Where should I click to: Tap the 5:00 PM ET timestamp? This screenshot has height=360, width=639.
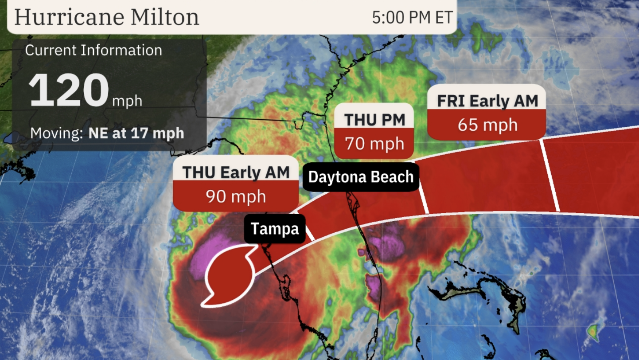tap(412, 17)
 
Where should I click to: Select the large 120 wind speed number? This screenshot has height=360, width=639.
tap(69, 91)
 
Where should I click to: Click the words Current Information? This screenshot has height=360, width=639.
tap(94, 50)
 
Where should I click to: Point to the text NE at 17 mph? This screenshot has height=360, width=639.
tap(136, 133)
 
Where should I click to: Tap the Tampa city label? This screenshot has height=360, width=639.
tap(275, 229)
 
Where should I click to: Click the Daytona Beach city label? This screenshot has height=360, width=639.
tap(361, 177)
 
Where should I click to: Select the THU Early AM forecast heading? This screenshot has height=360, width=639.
tap(236, 172)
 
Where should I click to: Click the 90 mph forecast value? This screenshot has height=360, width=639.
tap(236, 196)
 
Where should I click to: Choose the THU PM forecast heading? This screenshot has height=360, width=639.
tap(374, 119)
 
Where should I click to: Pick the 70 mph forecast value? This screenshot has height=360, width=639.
tap(374, 144)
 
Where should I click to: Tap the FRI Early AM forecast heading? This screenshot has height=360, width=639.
tap(487, 101)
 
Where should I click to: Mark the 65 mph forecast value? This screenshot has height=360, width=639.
tap(487, 125)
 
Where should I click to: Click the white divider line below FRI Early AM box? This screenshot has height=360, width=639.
tap(549, 175)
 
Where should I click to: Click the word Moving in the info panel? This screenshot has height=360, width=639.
tap(56, 133)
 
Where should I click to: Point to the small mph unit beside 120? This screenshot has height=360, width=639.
tap(127, 101)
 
